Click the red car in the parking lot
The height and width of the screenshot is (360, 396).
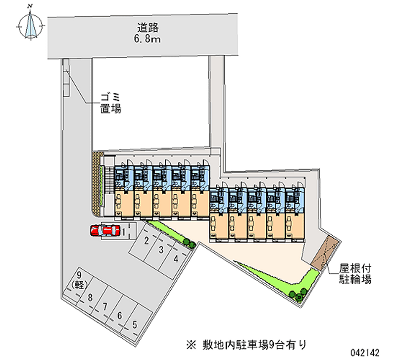[x=105, y=230]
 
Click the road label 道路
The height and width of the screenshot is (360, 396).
[x=148, y=28]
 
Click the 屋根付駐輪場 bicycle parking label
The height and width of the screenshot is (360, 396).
[x=355, y=273]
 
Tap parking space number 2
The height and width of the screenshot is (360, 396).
[x=147, y=241]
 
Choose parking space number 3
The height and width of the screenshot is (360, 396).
[x=161, y=250]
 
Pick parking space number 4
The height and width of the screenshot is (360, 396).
[x=176, y=258]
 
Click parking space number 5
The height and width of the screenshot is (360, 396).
[x=135, y=325]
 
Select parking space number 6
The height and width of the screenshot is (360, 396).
[x=120, y=315]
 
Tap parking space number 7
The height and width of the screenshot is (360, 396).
[x=105, y=307]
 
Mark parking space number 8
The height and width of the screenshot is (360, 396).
[x=90, y=298]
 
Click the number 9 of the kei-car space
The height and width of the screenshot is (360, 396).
[x=79, y=275]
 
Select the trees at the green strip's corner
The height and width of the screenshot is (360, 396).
[x=298, y=295]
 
